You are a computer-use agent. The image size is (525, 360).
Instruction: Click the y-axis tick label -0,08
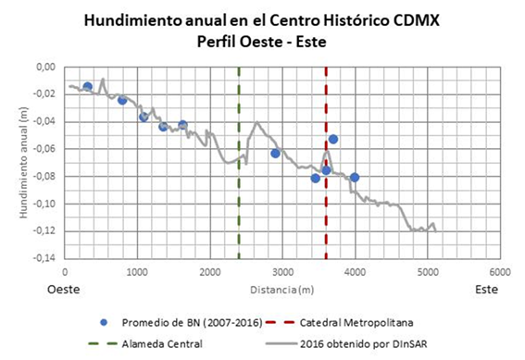pos(44,177)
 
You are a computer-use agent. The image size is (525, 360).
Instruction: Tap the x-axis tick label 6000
pos(499,272)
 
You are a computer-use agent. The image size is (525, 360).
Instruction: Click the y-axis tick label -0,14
pos(44,258)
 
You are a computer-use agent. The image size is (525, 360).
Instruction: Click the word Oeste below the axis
pos(64,290)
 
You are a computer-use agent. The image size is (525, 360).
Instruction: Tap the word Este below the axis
pos(486,290)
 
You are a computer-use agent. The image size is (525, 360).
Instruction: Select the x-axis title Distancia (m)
pos(281,289)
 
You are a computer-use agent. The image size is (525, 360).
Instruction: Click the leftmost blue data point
pos(87,87)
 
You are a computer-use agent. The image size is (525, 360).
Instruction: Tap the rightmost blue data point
pos(354,177)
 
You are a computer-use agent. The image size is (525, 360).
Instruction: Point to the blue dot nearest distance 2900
pos(275,154)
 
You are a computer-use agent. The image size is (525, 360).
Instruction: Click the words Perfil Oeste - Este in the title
pos(262,41)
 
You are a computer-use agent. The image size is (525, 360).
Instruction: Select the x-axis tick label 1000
pos(137,272)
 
